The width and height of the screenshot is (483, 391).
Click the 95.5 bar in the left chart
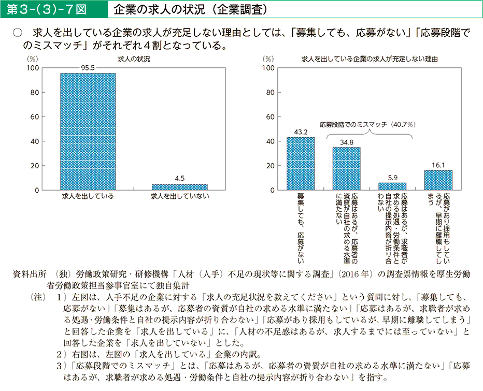tap(88, 132)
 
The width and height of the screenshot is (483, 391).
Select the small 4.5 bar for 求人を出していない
tap(179, 187)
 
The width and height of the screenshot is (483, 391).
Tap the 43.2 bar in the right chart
tap(301, 164)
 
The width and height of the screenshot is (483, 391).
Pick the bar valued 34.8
tap(346, 169)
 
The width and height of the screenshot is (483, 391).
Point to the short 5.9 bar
tap(392, 186)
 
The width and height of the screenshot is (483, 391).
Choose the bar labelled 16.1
tap(438, 180)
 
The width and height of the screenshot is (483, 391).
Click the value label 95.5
tap(88, 68)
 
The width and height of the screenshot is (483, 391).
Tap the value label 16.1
tap(438, 165)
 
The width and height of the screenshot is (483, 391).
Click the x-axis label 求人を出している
tap(88, 197)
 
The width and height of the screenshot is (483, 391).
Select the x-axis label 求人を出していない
tap(179, 197)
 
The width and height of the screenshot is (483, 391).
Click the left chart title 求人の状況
tap(134, 59)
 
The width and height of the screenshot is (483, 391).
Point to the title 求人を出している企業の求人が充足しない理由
tap(370, 59)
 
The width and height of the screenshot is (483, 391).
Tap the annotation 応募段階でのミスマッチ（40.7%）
tap(369, 124)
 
